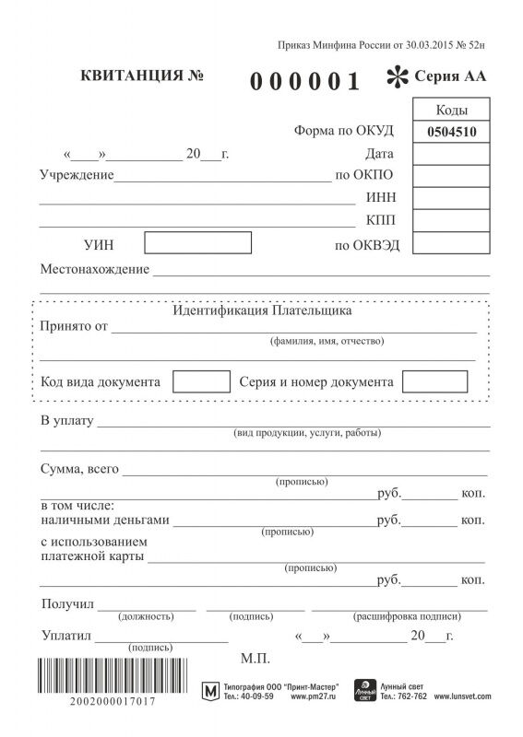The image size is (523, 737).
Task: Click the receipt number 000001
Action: click(x=305, y=82)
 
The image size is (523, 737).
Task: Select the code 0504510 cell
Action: click(x=450, y=132)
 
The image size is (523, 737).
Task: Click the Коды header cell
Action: click(x=450, y=111)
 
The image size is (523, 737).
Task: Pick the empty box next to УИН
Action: click(x=198, y=243)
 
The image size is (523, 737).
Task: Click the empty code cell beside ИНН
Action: click(x=450, y=198)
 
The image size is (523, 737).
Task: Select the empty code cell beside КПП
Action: click(x=450, y=220)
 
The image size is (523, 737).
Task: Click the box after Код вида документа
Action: click(x=201, y=380)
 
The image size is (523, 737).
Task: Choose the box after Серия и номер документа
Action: click(x=434, y=380)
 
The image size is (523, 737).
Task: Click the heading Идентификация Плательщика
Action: click(x=262, y=311)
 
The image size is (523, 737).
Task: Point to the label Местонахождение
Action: click(x=95, y=269)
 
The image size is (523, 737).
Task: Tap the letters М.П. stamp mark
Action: click(x=254, y=659)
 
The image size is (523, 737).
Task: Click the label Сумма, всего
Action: click(x=80, y=469)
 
